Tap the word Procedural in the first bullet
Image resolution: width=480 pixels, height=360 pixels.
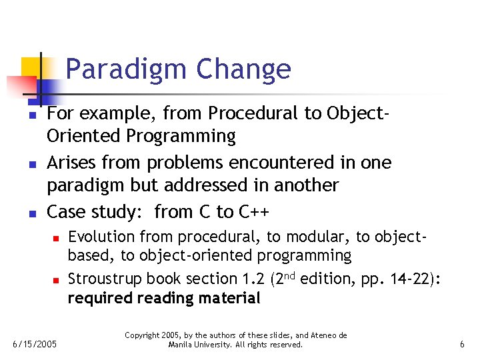[x=253, y=113]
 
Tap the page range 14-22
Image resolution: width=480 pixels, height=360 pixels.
[x=410, y=279]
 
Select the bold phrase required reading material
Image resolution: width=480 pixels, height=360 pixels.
[x=163, y=298]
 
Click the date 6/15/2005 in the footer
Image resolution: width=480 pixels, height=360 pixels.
[x=35, y=345]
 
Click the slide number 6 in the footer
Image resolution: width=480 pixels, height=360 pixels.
[x=462, y=345]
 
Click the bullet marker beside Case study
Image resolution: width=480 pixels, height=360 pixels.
[x=31, y=213]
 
